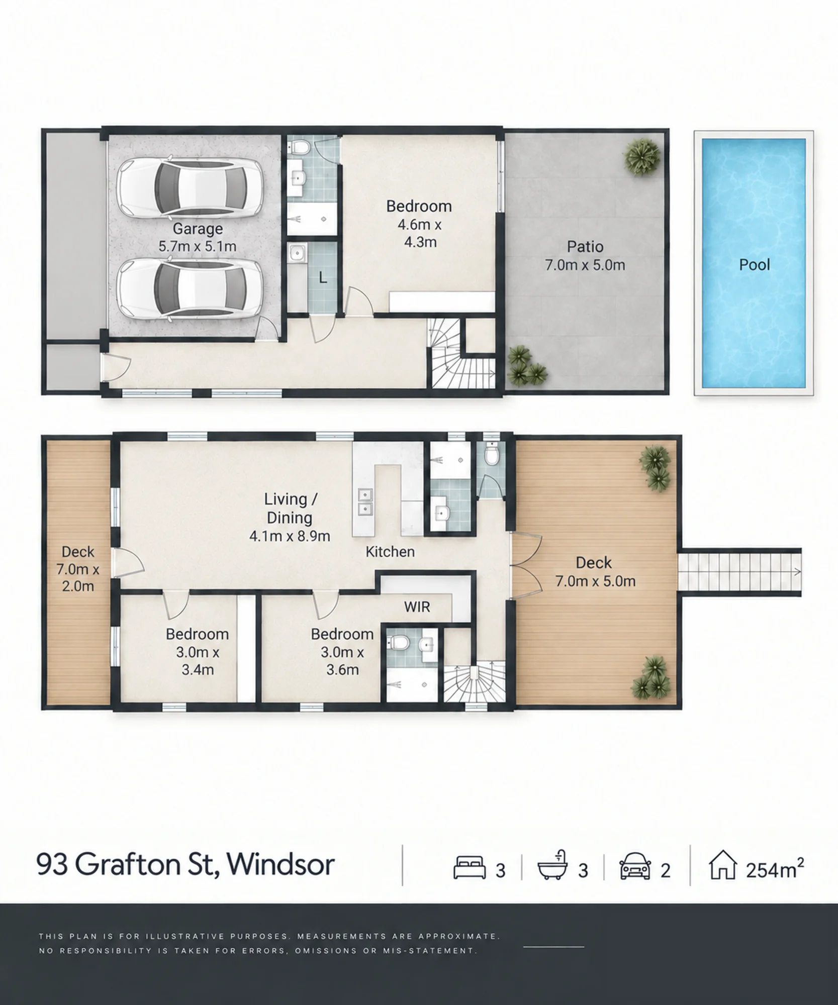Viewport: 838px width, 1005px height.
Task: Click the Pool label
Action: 754,265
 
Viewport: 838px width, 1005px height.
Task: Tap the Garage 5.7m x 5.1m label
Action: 198,237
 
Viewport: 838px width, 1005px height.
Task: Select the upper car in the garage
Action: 190,186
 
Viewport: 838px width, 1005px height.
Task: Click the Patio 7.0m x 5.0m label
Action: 585,256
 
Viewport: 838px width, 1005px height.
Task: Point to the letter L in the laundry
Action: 323,277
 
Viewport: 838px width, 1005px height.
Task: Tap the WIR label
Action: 417,607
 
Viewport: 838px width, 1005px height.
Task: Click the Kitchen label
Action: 390,552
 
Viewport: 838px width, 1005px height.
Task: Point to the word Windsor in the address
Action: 281,864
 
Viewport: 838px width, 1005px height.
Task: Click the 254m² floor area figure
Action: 775,868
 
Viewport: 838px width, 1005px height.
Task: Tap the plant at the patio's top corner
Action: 642,156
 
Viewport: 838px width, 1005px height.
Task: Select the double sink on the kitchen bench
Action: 364,502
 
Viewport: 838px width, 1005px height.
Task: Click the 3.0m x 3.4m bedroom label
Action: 198,652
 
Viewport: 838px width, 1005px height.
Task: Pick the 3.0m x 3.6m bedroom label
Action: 342,652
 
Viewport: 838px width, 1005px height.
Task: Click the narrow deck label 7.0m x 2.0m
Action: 78,569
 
